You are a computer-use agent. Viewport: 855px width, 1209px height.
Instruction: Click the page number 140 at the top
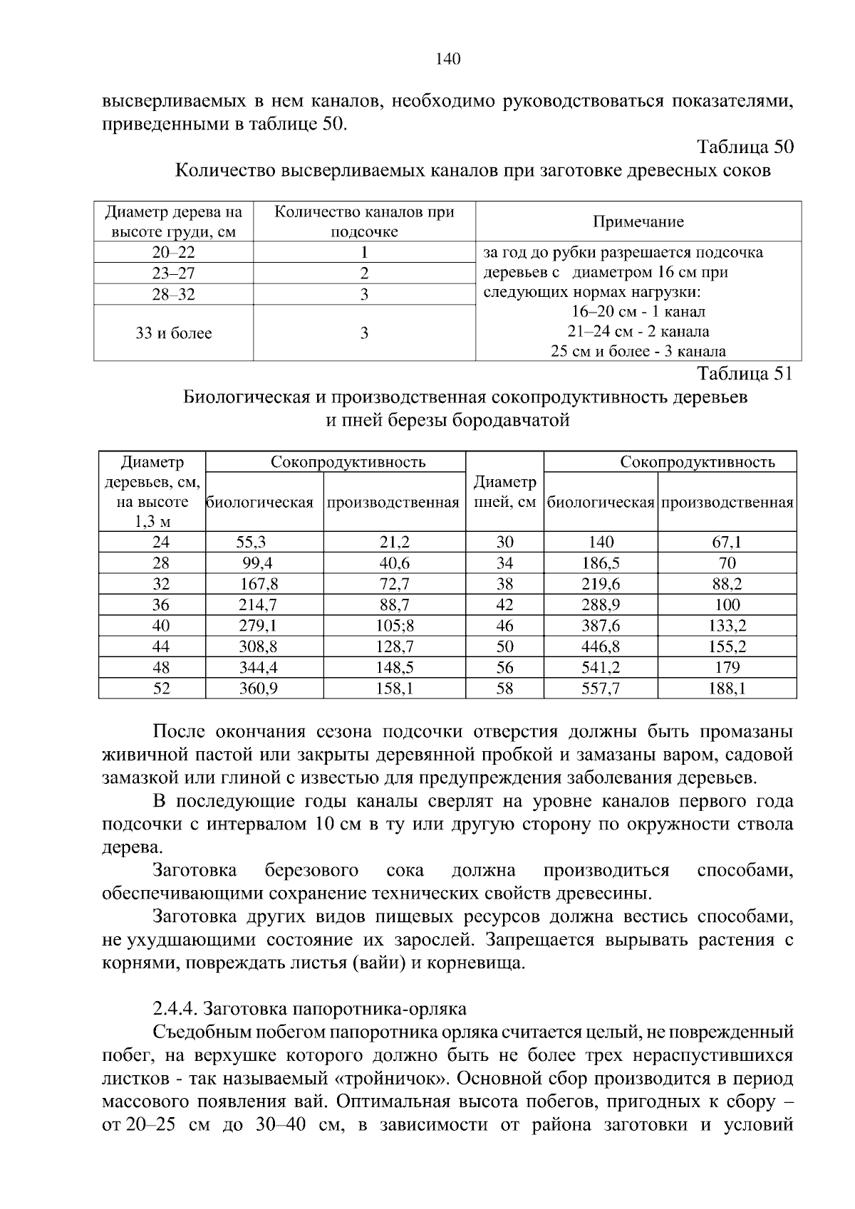point(448,59)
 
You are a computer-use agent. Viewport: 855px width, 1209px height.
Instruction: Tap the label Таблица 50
point(745,147)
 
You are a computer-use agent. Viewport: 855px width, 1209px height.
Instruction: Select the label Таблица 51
point(745,374)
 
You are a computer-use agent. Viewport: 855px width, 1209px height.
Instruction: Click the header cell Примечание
point(638,222)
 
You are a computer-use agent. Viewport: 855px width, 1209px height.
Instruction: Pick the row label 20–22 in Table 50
point(173,253)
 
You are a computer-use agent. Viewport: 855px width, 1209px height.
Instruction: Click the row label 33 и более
point(174,333)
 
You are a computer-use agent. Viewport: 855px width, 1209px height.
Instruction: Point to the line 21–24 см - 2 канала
point(638,331)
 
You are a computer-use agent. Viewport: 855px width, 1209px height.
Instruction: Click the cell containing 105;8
point(394,626)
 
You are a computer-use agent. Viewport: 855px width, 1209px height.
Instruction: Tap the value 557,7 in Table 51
point(600,689)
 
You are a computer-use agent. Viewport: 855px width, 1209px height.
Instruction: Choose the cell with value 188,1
point(727,689)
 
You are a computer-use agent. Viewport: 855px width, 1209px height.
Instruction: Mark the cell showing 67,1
point(727,543)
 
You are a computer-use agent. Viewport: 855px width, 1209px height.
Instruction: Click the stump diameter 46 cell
point(504,626)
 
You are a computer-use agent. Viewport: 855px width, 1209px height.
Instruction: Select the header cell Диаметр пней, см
point(504,492)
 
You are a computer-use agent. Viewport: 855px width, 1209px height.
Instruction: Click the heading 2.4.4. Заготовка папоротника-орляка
point(310,1009)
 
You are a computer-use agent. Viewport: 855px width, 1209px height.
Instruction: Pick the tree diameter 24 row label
point(161,543)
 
